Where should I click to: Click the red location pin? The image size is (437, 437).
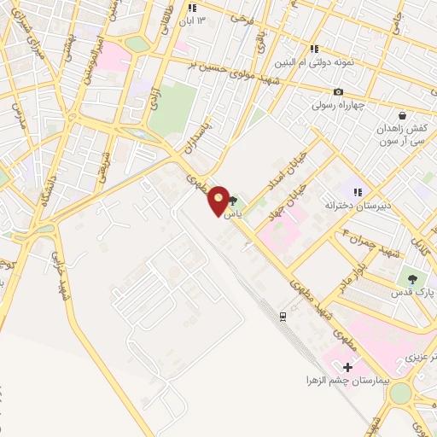point(219,201)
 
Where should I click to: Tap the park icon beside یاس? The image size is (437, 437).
point(233,201)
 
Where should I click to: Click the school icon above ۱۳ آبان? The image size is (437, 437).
point(190,7)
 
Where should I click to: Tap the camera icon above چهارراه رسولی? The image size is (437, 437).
point(338,92)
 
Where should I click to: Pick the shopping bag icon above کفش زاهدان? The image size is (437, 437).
point(402,115)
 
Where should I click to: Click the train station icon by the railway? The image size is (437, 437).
point(282,316)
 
